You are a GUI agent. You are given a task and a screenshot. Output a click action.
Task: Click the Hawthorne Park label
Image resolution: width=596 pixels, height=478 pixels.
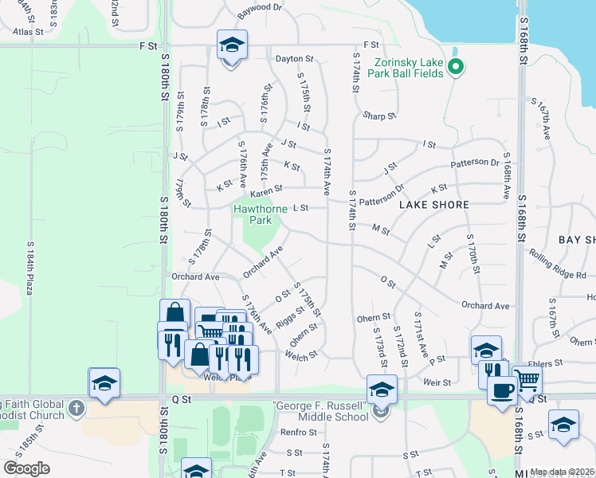tap(260, 214)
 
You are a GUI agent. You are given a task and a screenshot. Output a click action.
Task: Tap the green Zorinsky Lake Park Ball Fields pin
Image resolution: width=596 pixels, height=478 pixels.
tap(455, 67)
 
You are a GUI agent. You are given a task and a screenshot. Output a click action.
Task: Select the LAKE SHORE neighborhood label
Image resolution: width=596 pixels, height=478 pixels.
tap(434, 205)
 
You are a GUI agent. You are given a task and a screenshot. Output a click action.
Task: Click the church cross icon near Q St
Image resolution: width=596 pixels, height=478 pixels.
tap(76, 409)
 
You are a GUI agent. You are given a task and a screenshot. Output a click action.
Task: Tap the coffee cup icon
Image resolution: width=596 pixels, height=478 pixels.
tap(501, 390)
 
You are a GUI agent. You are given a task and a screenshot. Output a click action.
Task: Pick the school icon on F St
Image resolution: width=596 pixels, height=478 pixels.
tap(232, 45)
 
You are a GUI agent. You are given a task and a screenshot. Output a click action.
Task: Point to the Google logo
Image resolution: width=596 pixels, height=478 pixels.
tap(27, 468)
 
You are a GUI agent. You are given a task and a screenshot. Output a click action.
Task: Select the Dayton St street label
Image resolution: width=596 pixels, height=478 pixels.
tap(295, 59)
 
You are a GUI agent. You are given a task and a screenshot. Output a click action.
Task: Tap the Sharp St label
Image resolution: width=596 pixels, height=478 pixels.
tap(379, 116)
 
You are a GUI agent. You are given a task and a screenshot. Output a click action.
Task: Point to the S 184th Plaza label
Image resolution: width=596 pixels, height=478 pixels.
tap(29, 268)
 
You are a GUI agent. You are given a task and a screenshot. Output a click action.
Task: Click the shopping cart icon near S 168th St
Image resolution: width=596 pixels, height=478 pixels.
tap(527, 380)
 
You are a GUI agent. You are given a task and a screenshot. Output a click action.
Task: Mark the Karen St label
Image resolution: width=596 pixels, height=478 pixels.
tap(266, 191)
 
